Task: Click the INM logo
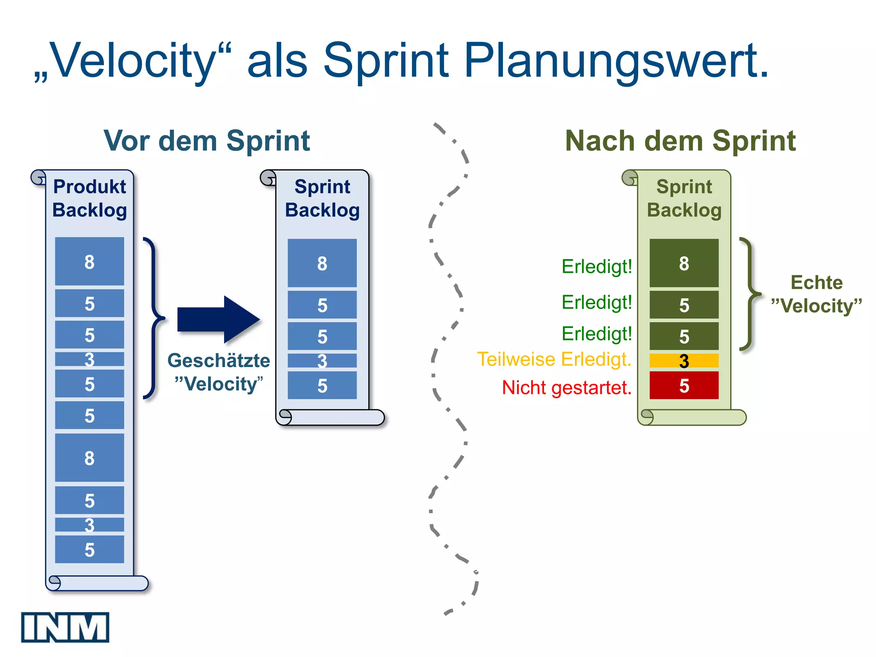coord(65,627)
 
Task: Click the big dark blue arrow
coord(218,320)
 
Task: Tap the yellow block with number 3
coord(684,361)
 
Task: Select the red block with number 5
coord(684,385)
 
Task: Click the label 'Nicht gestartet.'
coord(566,388)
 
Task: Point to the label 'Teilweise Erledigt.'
coord(554,359)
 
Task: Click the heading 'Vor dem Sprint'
coord(207,141)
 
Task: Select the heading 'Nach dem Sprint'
coord(680,141)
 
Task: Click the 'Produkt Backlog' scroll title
coord(89,198)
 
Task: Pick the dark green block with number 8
coord(684,263)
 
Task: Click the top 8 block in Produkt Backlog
coord(89,261)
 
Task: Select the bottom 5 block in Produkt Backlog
coord(89,549)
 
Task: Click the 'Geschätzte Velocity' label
coord(219,372)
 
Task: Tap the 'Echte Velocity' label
coord(816,294)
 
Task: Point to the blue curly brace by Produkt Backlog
coord(152,318)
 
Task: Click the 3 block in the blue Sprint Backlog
coord(322,361)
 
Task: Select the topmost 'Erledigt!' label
coord(596,266)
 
